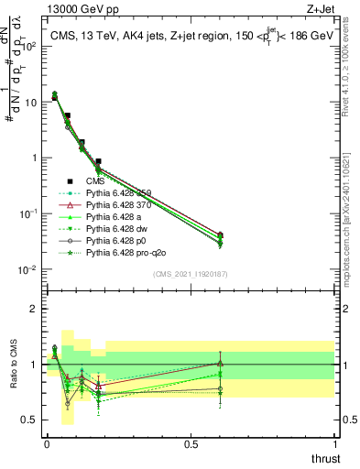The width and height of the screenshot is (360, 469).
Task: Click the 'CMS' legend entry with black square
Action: (96, 181)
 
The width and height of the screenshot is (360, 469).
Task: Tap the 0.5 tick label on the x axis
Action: (191, 443)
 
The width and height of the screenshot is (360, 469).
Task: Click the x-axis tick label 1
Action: (334, 443)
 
